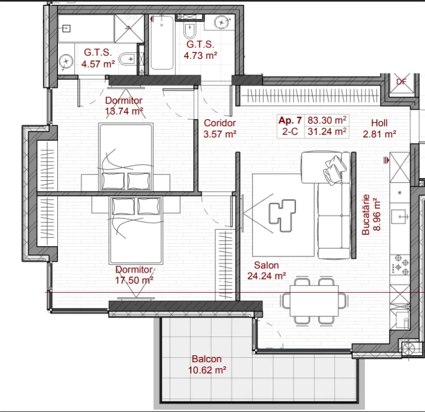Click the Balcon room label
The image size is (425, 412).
point(206,359)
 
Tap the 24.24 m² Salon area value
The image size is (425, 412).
point(267,276)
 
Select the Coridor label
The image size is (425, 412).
point(220,123)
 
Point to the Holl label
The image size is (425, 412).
point(379,123)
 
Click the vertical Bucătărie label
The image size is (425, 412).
point(366,215)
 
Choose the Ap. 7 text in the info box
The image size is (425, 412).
point(290,120)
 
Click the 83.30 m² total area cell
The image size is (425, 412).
point(327,120)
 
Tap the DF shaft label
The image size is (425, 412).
point(402,82)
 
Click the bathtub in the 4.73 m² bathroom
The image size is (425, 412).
point(162,42)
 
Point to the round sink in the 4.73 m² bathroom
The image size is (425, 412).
point(222,22)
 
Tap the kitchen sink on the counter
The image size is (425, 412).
point(400,216)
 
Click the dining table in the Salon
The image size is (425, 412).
point(314,301)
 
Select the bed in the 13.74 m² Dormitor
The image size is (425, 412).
point(126,157)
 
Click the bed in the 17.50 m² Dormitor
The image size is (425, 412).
point(136,231)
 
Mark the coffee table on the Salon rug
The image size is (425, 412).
point(282,215)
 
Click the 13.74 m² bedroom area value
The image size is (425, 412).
point(124,111)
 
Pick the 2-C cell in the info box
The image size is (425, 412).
point(290,132)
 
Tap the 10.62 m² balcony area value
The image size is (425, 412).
point(207,370)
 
